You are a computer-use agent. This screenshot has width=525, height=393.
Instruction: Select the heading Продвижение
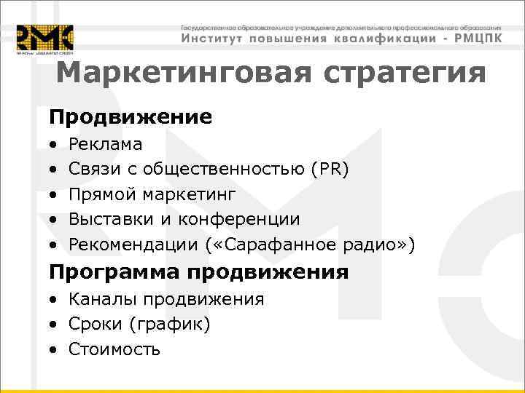[x=131, y=117]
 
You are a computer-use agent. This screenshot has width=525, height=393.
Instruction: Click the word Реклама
[x=106, y=145]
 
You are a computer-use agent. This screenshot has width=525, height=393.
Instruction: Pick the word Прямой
[x=101, y=194]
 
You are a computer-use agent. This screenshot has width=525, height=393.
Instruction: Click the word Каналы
[x=96, y=299]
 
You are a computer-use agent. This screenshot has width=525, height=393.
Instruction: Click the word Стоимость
[x=114, y=349]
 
